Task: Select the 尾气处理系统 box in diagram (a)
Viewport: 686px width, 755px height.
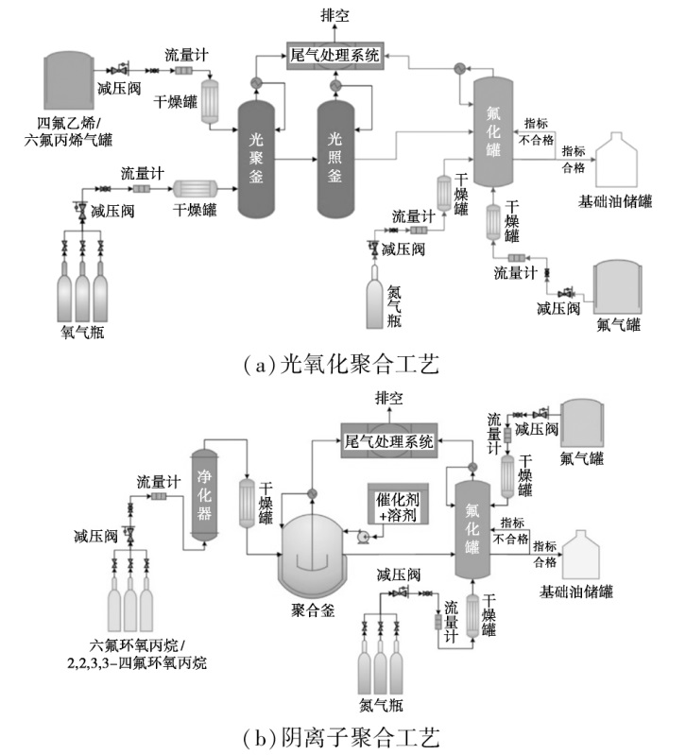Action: point(335,56)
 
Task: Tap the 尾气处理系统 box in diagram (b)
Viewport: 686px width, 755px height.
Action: point(388,441)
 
